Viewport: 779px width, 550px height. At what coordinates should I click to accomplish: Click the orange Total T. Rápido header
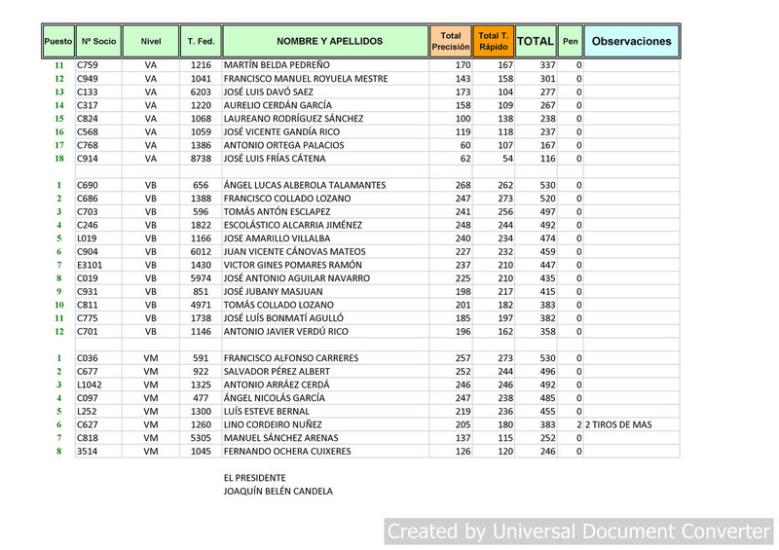494,42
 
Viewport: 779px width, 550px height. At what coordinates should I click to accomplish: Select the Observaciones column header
631,42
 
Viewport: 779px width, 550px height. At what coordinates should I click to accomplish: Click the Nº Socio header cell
98,42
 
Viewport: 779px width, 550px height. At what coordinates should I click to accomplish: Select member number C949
88,79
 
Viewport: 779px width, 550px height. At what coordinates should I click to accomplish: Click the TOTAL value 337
547,65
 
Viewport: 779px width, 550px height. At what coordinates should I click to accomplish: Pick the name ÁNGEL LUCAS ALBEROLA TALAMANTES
304,185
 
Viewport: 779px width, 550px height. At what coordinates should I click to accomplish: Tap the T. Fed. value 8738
201,159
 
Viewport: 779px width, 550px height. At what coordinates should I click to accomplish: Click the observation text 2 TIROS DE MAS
618,425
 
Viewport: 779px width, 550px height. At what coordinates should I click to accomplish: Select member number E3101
90,265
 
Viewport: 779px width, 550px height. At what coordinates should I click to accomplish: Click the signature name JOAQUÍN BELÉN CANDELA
278,492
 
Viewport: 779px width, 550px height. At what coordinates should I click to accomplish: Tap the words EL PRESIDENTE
255,478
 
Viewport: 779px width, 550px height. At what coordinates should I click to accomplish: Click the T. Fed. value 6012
201,252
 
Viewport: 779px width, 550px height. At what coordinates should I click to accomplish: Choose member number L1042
90,385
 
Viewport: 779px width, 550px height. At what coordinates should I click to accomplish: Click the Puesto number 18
59,159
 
